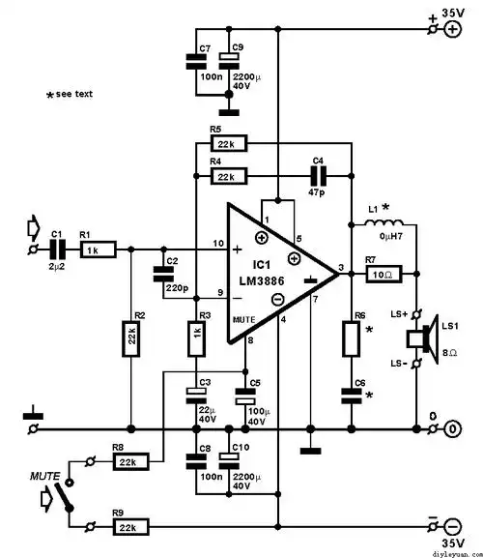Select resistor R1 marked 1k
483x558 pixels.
(96, 250)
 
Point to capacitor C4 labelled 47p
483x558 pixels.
(317, 176)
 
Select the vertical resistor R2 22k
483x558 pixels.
(130, 338)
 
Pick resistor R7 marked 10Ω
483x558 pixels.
(382, 276)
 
